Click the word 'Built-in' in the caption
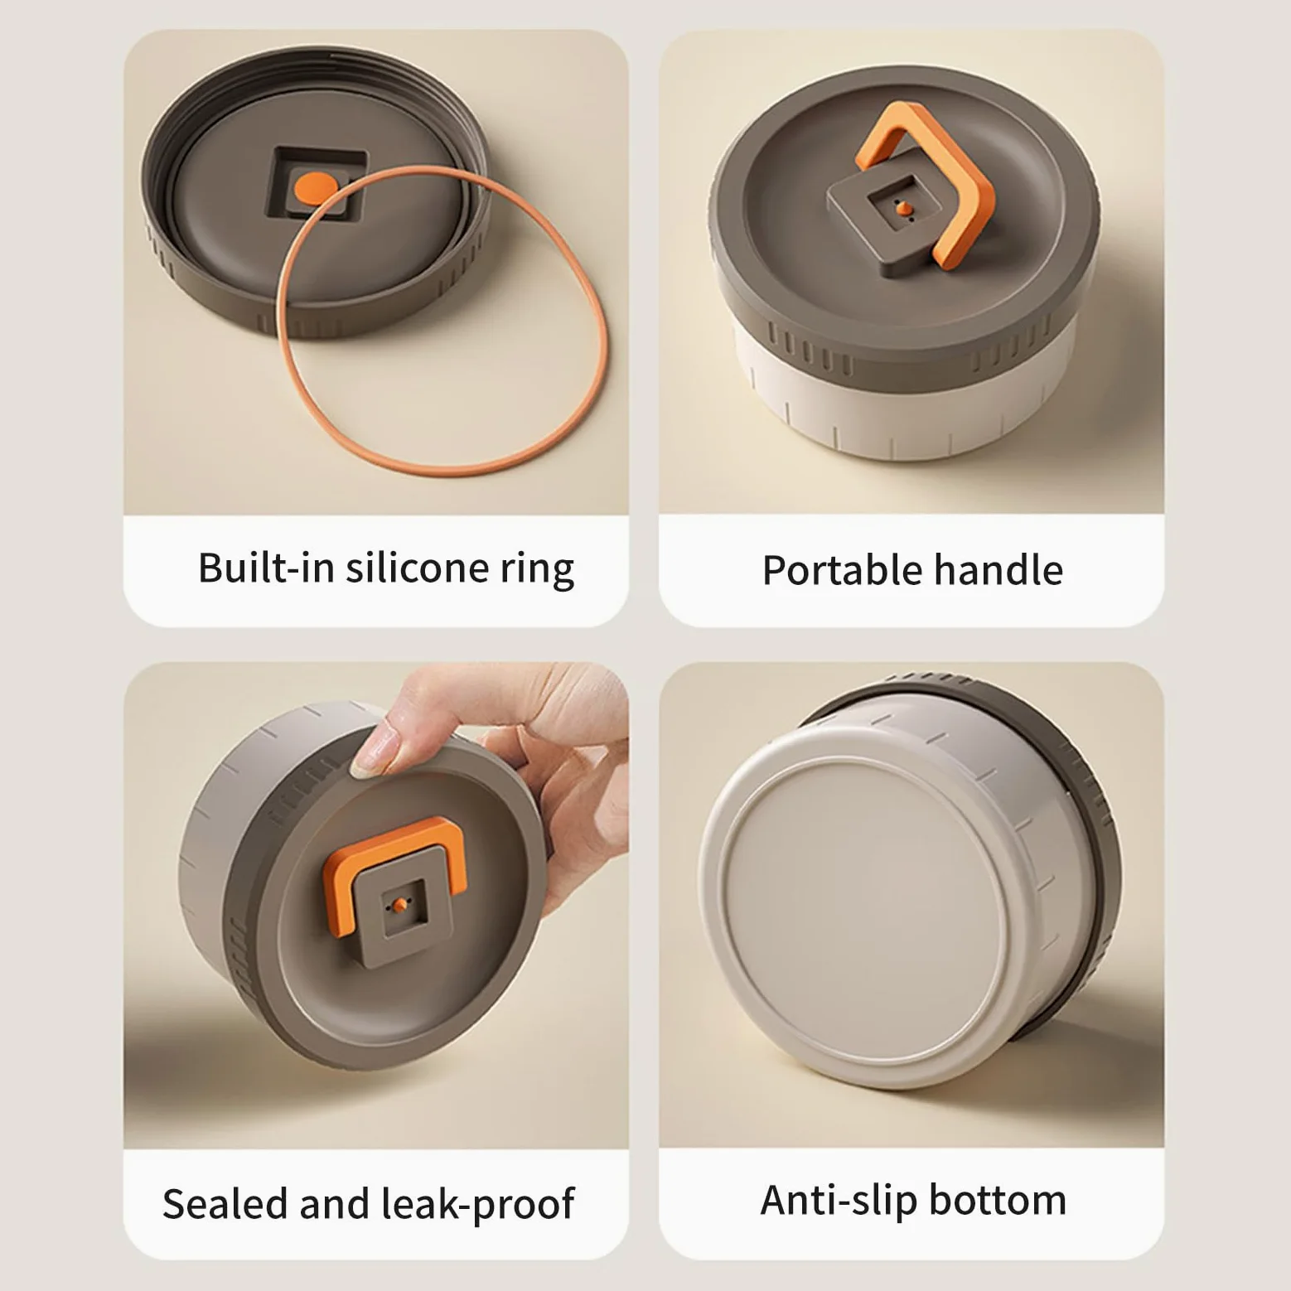click(265, 568)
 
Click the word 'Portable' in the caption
click(842, 570)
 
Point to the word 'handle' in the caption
click(998, 570)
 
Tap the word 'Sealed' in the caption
click(225, 1203)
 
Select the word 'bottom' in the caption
click(997, 1200)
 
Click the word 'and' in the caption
click(333, 1203)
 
